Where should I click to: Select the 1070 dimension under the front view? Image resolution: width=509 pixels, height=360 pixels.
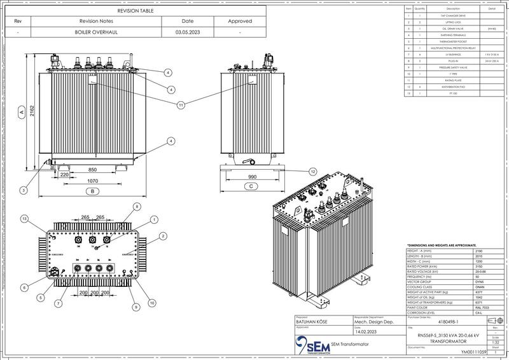92,181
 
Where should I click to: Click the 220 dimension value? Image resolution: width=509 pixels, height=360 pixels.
64,173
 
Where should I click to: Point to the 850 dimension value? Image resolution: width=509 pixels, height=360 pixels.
92,170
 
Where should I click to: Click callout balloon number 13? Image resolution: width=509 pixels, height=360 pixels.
24,219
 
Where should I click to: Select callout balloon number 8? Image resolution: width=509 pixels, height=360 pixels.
136,207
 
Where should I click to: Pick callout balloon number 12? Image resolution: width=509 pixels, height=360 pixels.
312,172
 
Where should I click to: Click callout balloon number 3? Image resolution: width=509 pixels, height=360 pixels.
24,190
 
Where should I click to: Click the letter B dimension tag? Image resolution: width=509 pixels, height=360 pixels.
92,190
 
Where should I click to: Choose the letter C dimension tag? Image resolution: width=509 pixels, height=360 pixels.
251,186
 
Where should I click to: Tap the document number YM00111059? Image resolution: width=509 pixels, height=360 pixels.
473,350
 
